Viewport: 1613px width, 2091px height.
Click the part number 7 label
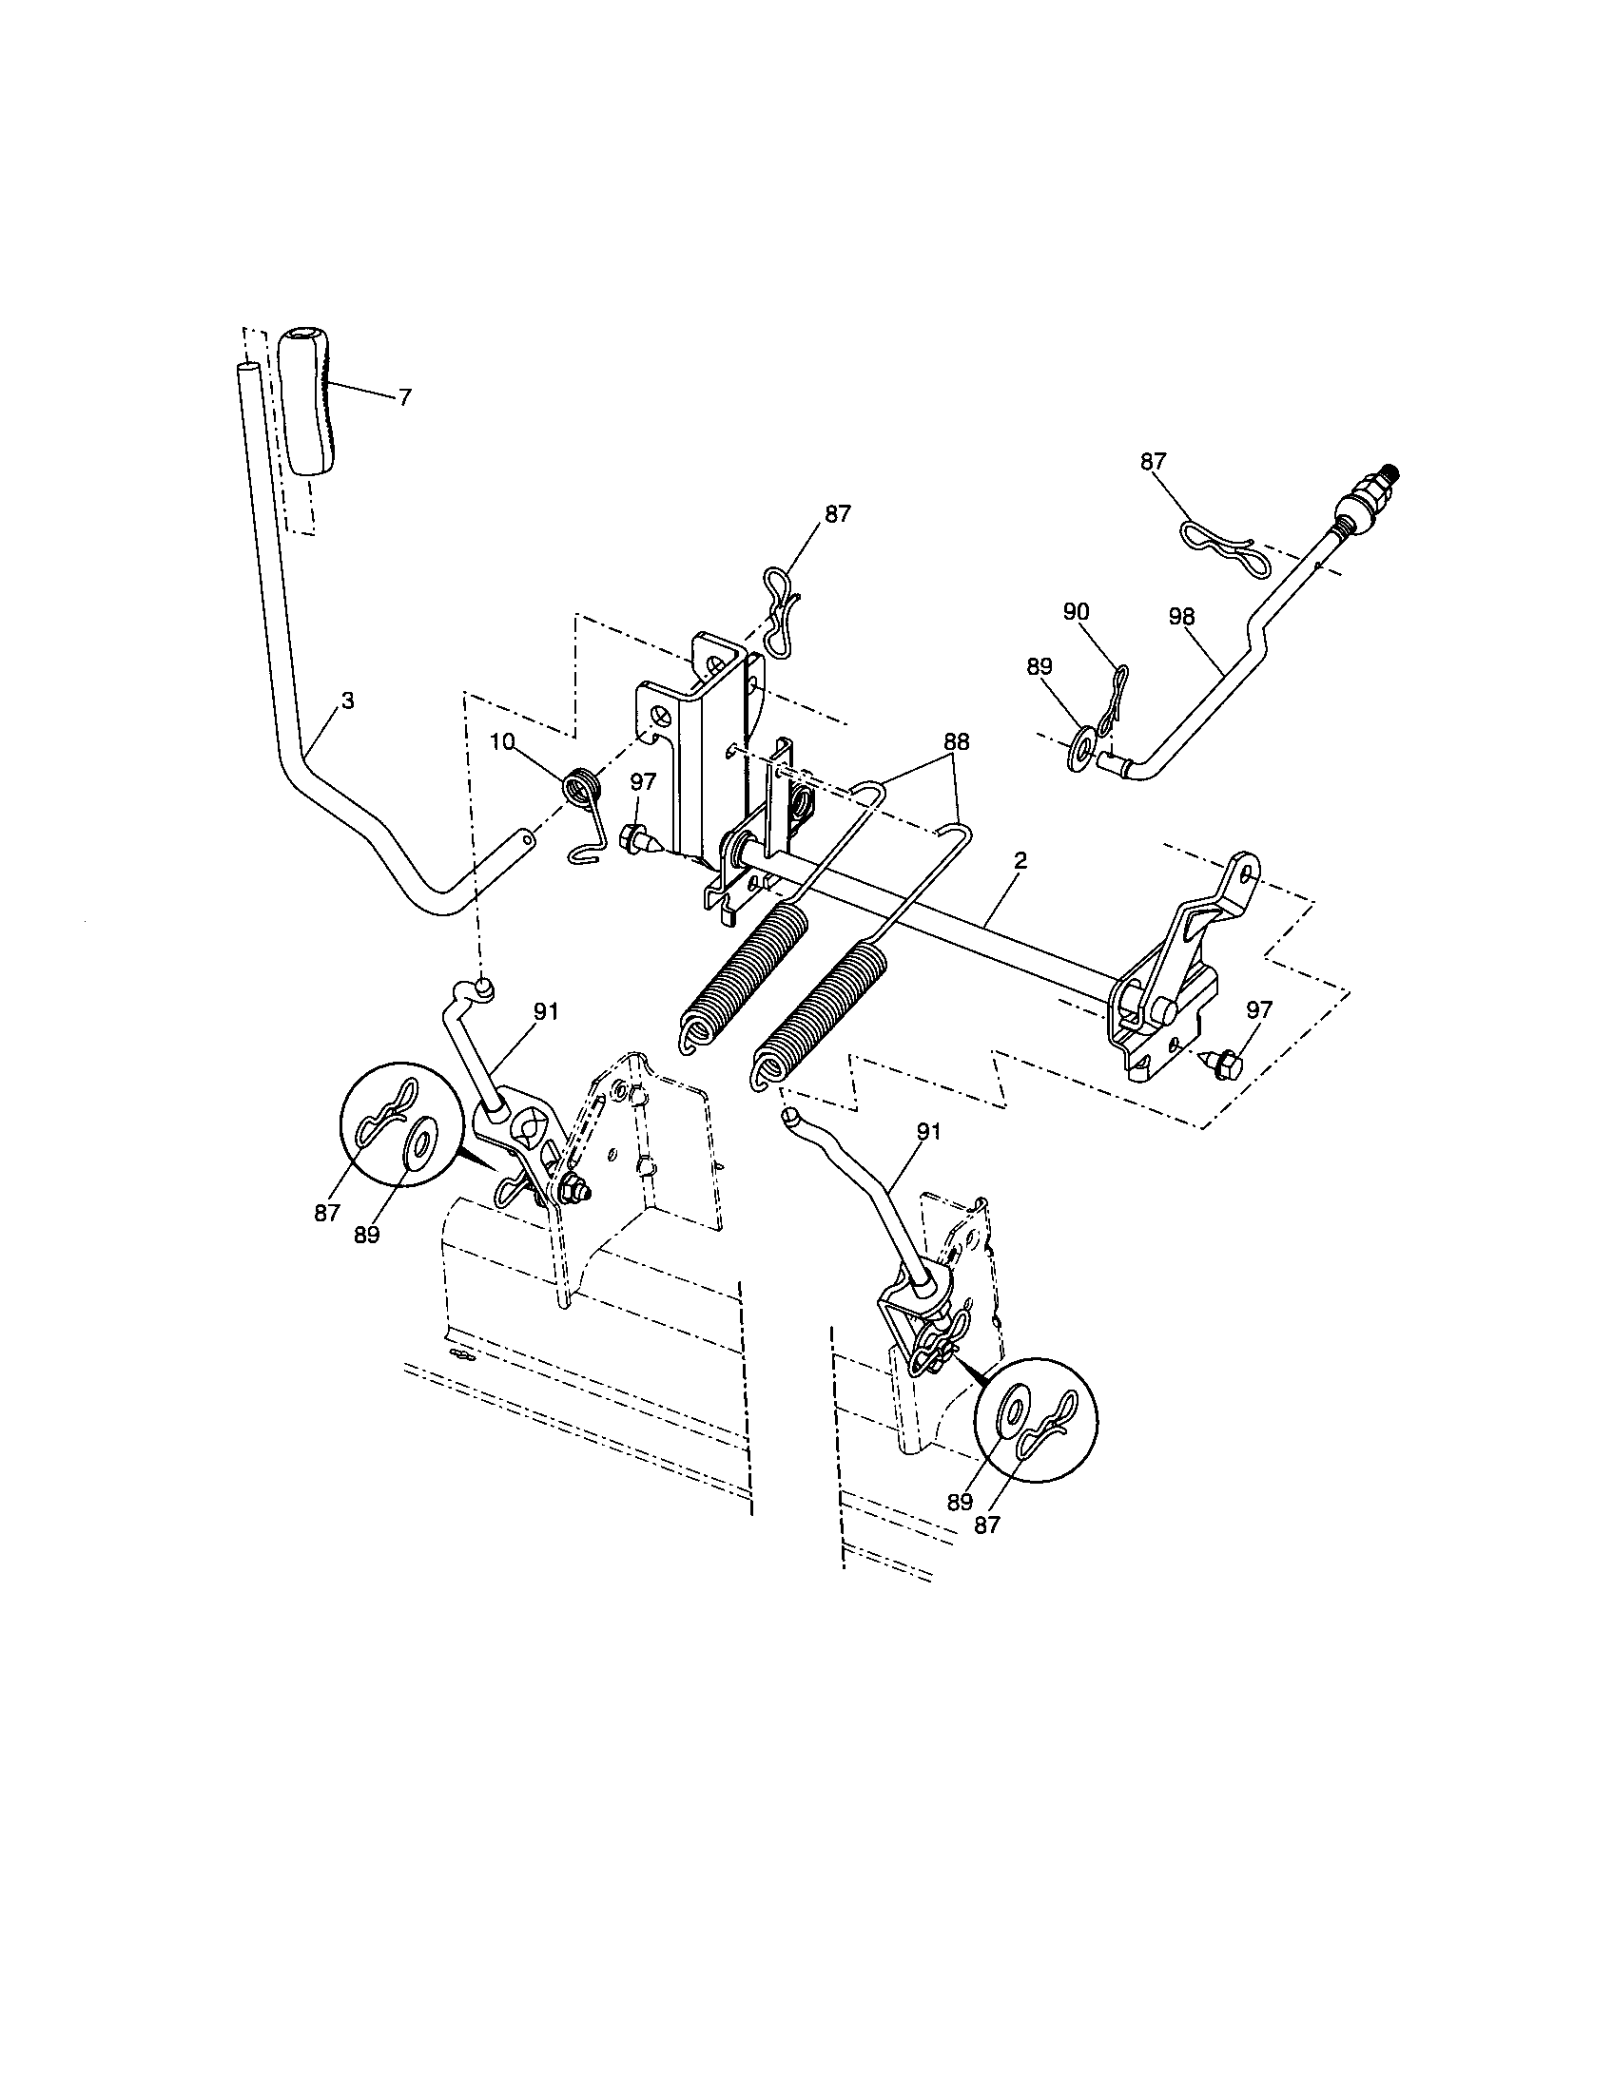click(405, 397)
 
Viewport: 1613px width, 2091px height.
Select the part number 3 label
click(348, 700)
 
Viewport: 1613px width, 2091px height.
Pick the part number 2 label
click(1020, 861)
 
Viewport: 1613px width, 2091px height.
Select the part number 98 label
click(1182, 617)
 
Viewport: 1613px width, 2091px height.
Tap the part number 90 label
click(1076, 611)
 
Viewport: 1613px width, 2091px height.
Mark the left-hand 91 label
click(547, 1011)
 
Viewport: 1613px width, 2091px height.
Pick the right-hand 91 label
click(929, 1132)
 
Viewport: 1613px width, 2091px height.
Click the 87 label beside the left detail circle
click(326, 1212)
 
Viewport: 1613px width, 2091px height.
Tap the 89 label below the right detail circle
click(960, 1502)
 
